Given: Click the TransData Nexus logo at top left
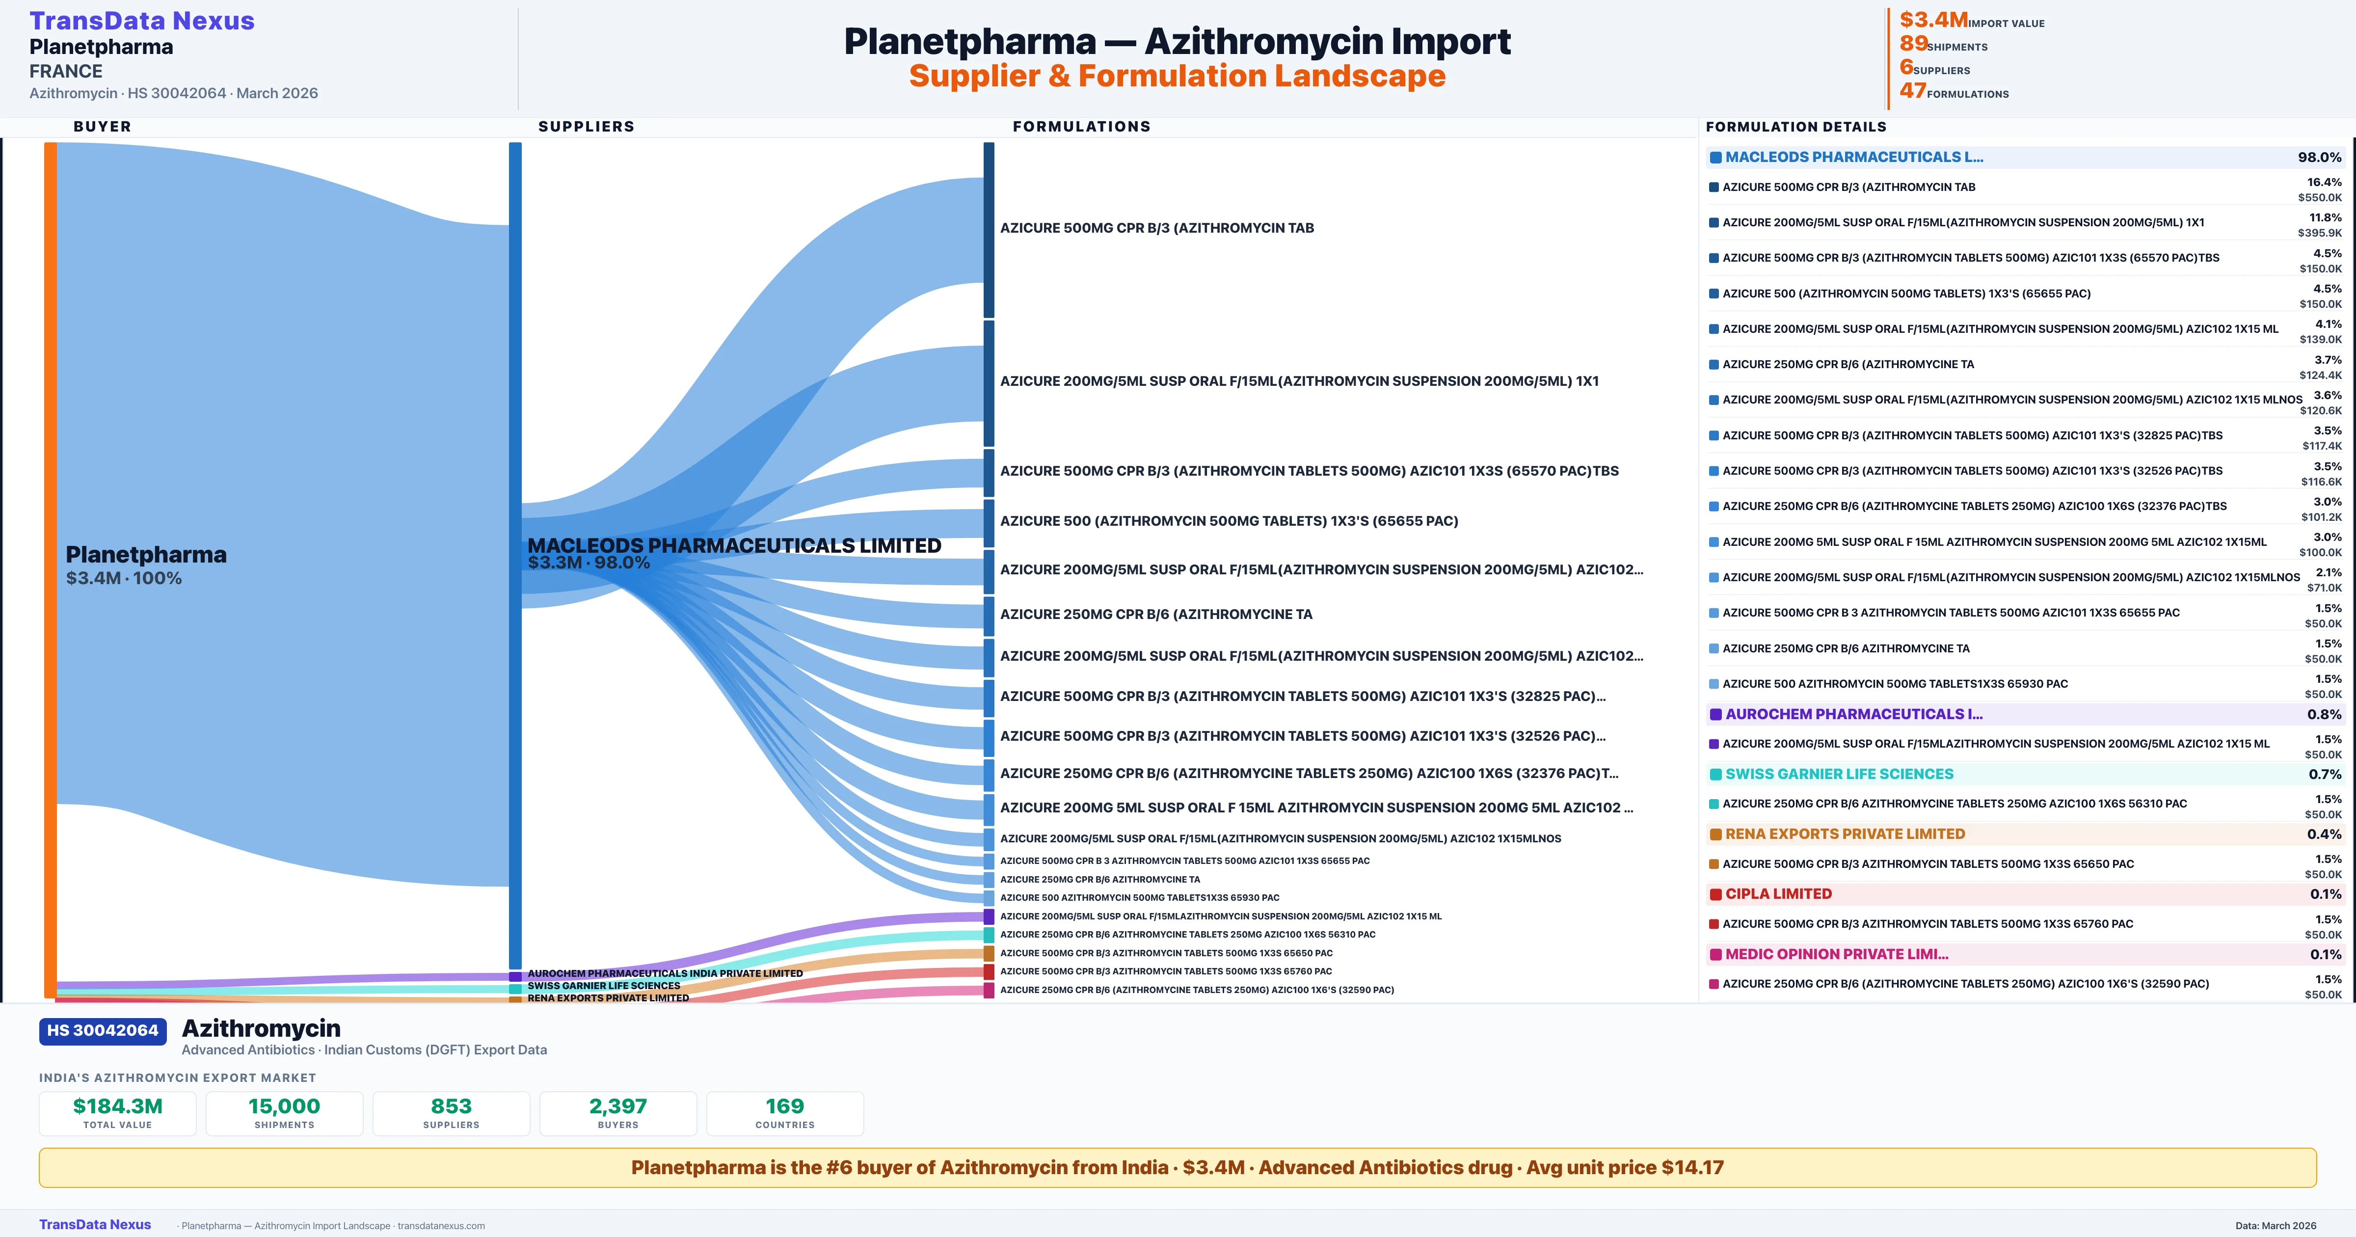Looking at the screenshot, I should pyautogui.click(x=142, y=21).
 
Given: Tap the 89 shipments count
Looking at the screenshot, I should pyautogui.click(x=1913, y=44).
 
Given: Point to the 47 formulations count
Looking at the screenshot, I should pyautogui.click(x=1912, y=91).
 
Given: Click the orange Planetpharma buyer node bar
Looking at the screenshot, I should pyautogui.click(x=50, y=567).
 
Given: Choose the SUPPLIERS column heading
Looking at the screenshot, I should pyautogui.click(x=586, y=126).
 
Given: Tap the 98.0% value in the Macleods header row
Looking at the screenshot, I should pyautogui.click(x=2319, y=158).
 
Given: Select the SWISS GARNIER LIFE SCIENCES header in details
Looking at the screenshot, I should pyautogui.click(x=1838, y=774).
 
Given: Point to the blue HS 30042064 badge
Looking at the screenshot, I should pyautogui.click(x=103, y=1031).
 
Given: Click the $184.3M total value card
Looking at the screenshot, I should pyautogui.click(x=118, y=1113).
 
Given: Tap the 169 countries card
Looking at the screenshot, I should pyautogui.click(x=785, y=1113).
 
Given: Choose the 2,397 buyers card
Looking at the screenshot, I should pyautogui.click(x=618, y=1113).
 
